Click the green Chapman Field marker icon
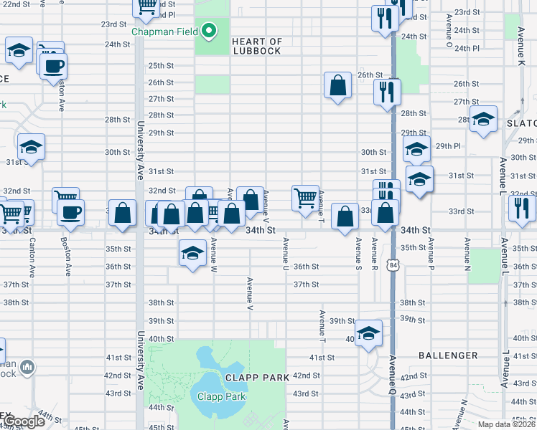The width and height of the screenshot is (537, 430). [x=209, y=31]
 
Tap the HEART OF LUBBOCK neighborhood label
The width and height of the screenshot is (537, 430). [x=257, y=46]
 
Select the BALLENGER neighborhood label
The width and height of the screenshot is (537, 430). [x=448, y=355]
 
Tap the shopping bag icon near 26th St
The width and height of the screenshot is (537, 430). [x=337, y=86]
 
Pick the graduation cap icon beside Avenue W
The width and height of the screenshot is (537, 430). [x=192, y=253]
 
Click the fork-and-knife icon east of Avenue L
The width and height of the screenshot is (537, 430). [x=520, y=208]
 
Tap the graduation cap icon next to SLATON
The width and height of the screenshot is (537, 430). [x=483, y=120]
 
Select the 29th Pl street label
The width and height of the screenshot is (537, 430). [x=447, y=145]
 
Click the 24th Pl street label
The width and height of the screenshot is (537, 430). [x=466, y=48]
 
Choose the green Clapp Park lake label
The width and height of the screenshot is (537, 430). [x=222, y=396]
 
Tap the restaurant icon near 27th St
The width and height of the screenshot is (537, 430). [x=386, y=92]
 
